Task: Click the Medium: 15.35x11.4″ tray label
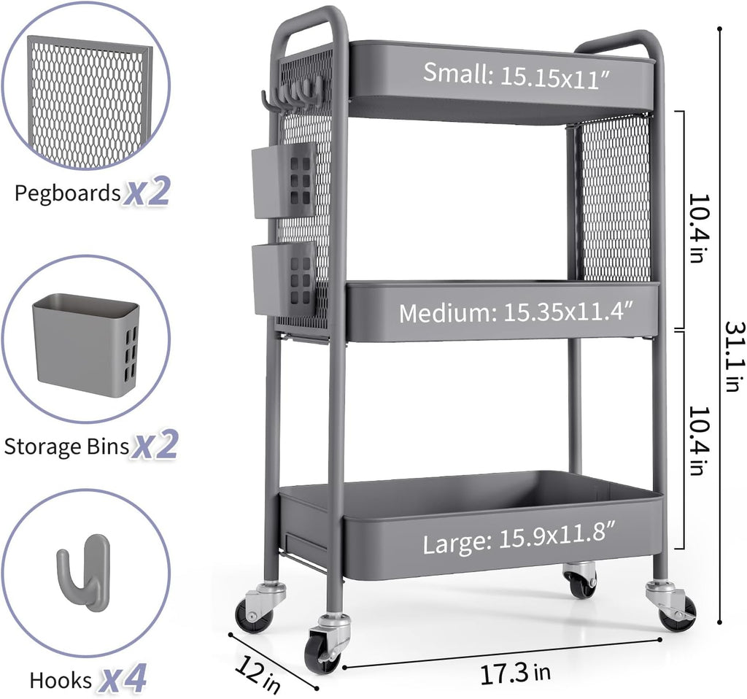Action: [516, 313]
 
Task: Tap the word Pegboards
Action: [67, 193]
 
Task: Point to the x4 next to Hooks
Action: [123, 679]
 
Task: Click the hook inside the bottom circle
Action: [84, 571]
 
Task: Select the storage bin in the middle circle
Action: [85, 344]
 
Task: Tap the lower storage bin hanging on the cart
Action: [283, 278]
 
